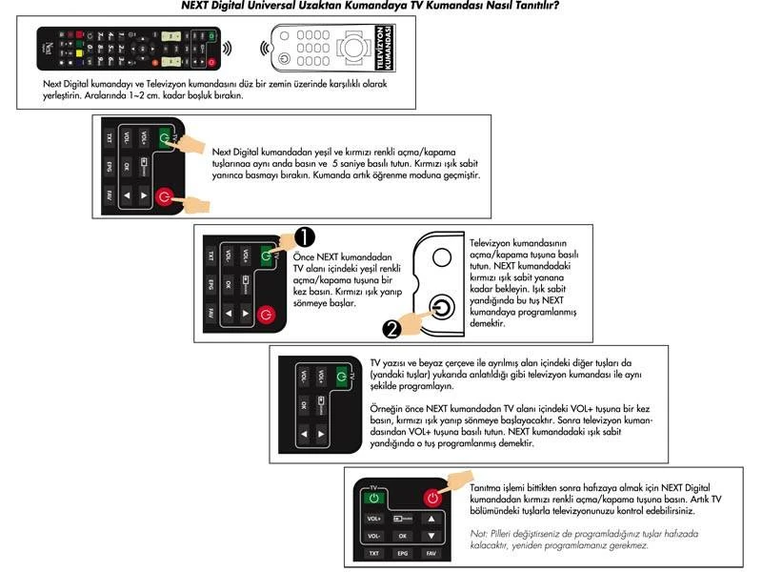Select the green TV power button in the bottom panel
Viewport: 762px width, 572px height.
tap(374, 498)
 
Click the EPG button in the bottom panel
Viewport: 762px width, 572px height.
tap(403, 552)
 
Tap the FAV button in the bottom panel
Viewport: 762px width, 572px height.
tap(431, 552)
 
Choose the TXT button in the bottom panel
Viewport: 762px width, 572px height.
tap(374, 552)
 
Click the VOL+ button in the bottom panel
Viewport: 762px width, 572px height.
tap(374, 519)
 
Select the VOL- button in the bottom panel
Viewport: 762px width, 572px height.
tap(374, 536)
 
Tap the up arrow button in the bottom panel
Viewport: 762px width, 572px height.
tap(431, 519)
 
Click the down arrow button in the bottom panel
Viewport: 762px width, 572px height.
tap(431, 536)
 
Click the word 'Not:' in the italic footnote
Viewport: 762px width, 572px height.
tap(479, 534)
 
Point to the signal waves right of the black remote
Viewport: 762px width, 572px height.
tap(227, 48)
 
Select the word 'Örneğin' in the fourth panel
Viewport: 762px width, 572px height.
tap(383, 408)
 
